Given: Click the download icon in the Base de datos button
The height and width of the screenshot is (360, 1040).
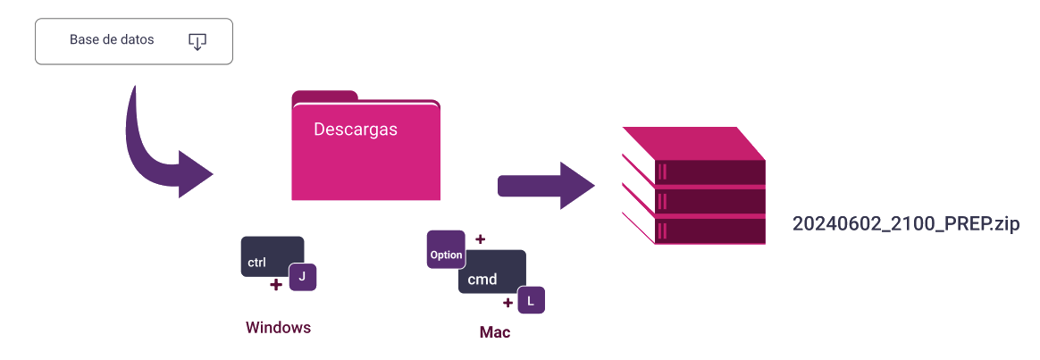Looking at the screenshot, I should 197,41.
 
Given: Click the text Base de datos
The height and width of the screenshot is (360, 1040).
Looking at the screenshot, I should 112,40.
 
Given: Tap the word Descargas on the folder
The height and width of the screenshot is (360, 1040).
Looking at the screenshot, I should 356,130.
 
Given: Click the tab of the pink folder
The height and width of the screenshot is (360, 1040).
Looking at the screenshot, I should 324,96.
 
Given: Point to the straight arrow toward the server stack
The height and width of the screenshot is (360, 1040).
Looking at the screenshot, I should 545,186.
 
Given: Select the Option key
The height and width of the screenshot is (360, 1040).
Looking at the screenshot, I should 446,254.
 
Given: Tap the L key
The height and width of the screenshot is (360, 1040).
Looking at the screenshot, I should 531,301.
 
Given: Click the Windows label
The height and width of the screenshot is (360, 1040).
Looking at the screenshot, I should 278,328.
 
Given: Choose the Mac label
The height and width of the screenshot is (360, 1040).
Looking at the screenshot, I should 495,332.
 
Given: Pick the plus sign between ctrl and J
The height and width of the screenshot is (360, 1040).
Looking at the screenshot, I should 276,285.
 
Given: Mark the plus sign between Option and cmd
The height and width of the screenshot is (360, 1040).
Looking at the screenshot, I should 480,239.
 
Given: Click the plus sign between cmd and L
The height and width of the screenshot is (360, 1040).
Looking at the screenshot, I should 508,302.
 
